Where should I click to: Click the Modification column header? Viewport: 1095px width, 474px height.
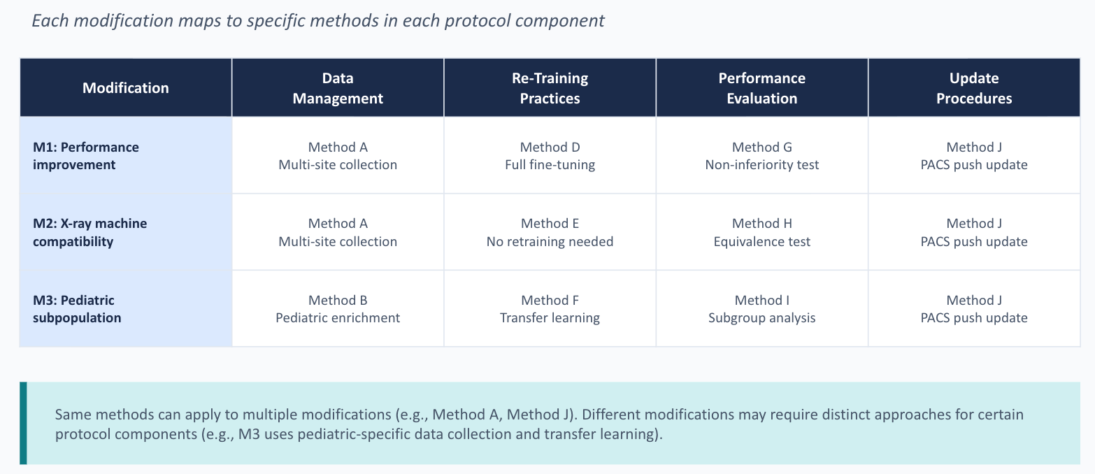pos(126,88)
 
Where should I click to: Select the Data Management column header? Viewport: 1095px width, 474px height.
pos(338,88)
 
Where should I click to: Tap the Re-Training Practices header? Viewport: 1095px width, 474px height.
pos(550,88)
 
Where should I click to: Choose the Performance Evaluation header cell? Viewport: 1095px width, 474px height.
pos(761,88)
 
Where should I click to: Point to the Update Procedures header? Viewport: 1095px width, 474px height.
pos(974,88)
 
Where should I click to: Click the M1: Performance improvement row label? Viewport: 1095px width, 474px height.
pos(86,156)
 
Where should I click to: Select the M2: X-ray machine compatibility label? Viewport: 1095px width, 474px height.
pos(90,232)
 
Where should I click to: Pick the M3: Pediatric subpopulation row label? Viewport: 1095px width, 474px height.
pos(77,309)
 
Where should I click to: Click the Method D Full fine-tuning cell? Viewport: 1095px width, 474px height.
pos(550,156)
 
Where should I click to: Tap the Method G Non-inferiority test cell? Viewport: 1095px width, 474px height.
pos(761,156)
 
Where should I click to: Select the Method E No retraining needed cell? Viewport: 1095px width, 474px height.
pos(550,232)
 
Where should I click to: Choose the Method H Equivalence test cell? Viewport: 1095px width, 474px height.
pos(761,232)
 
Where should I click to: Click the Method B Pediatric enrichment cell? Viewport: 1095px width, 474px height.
pos(338,309)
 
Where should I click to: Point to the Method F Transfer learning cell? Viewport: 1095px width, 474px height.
pos(550,309)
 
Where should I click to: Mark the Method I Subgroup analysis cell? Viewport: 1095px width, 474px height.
pos(761,309)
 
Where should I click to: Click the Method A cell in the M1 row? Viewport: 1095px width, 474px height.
pos(338,156)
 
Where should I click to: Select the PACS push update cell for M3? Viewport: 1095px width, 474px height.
pos(974,309)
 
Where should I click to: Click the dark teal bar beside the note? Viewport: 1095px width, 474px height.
pos(23,423)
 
